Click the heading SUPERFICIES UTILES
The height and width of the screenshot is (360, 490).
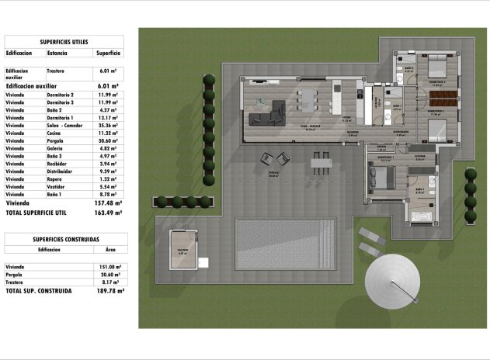point(64,42)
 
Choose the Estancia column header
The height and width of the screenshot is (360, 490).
point(57,54)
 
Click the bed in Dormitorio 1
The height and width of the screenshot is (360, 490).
point(381,179)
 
